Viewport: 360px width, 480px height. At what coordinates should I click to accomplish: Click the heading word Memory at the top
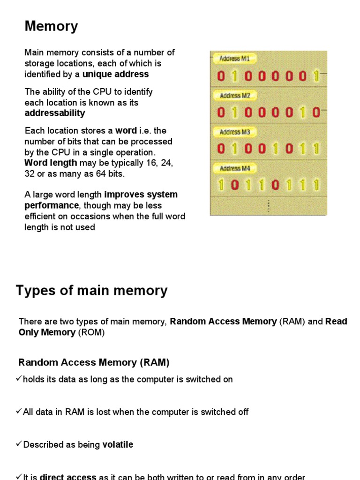point(51,27)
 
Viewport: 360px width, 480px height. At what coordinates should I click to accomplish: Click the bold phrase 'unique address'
point(116,74)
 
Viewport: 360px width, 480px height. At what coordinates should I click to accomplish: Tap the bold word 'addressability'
point(55,113)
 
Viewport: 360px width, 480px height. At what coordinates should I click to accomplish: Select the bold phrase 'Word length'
point(51,163)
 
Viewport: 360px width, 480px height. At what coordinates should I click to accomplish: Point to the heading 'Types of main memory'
point(91,291)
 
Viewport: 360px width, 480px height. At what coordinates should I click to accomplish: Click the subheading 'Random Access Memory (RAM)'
point(94,362)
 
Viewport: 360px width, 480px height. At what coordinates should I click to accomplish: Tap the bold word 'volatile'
point(118,444)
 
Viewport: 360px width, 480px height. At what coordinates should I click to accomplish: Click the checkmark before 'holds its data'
point(19,379)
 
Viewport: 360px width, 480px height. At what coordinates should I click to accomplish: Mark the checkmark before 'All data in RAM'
point(19,412)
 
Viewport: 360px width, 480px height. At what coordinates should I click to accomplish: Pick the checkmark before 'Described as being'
point(19,444)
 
